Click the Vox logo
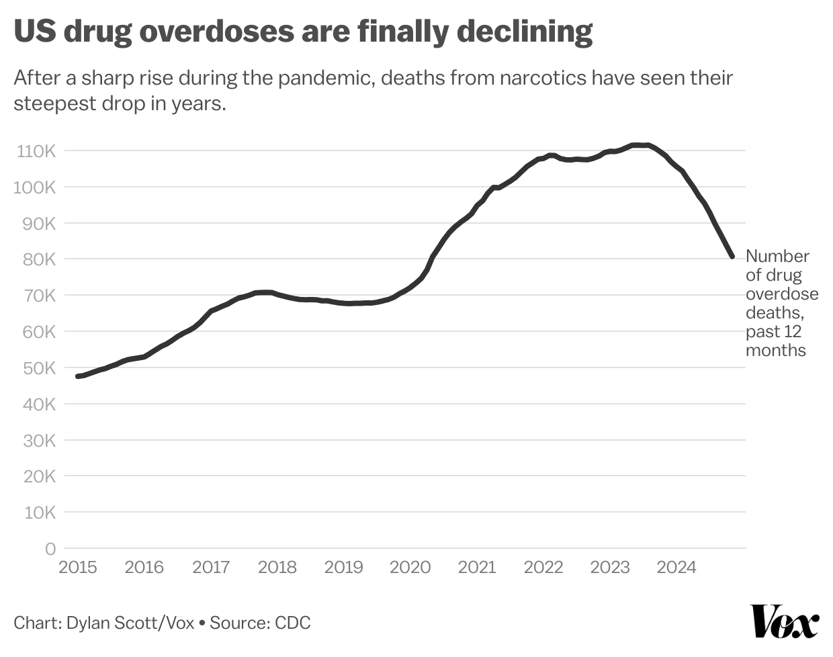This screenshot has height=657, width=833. (x=785, y=621)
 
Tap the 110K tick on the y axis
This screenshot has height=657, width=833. (x=36, y=151)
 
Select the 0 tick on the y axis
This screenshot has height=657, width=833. (x=50, y=549)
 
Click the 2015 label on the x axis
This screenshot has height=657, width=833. (x=78, y=568)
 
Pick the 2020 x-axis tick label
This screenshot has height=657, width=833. (x=410, y=568)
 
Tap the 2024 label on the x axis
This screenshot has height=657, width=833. (x=676, y=568)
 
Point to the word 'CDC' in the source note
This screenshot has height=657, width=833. (x=293, y=623)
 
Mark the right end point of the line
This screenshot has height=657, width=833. (x=732, y=256)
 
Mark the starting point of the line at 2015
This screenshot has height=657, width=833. (x=78, y=376)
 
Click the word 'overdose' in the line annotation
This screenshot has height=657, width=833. (x=782, y=294)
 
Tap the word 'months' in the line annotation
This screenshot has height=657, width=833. (x=775, y=350)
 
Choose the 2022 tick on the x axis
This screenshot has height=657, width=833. (x=543, y=568)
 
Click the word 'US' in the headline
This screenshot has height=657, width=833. (x=34, y=31)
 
